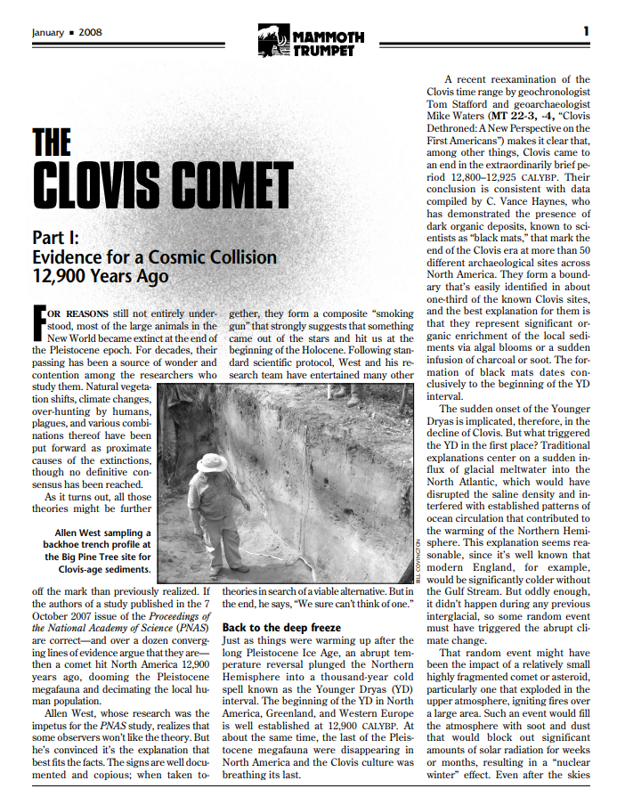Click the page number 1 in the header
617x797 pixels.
(x=586, y=31)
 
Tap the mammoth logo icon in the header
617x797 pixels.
(x=267, y=40)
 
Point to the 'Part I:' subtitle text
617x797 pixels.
(x=55, y=239)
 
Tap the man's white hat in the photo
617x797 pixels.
(x=212, y=460)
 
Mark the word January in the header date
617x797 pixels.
(x=48, y=32)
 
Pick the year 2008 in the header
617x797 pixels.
(x=91, y=32)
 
